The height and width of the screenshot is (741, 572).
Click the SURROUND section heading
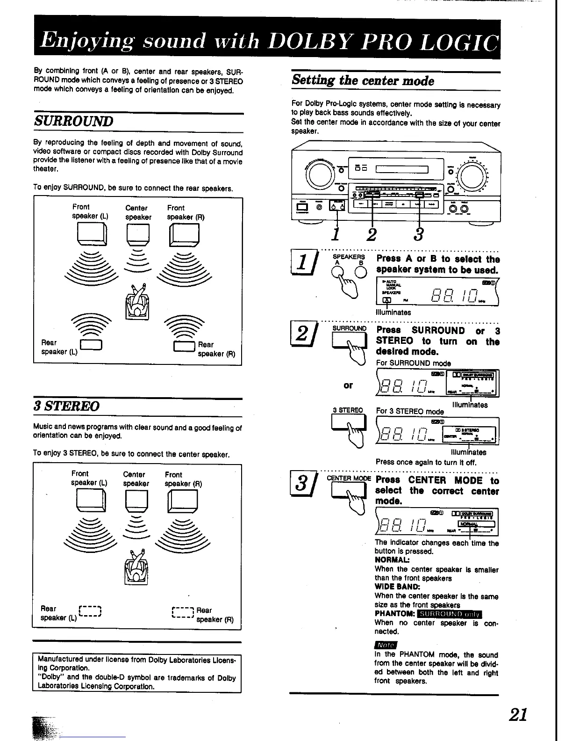click(x=74, y=122)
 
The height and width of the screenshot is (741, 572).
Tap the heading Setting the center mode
click(x=363, y=80)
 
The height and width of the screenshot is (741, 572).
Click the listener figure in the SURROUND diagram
click(x=137, y=303)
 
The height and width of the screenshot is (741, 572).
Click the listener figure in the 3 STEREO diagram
click(x=136, y=567)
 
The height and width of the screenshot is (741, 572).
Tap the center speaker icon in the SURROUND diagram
click(x=138, y=234)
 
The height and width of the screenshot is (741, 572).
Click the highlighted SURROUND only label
click(x=450, y=614)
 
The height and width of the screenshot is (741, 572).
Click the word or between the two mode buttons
click(x=348, y=385)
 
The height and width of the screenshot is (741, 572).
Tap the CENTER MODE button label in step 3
click(x=349, y=478)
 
